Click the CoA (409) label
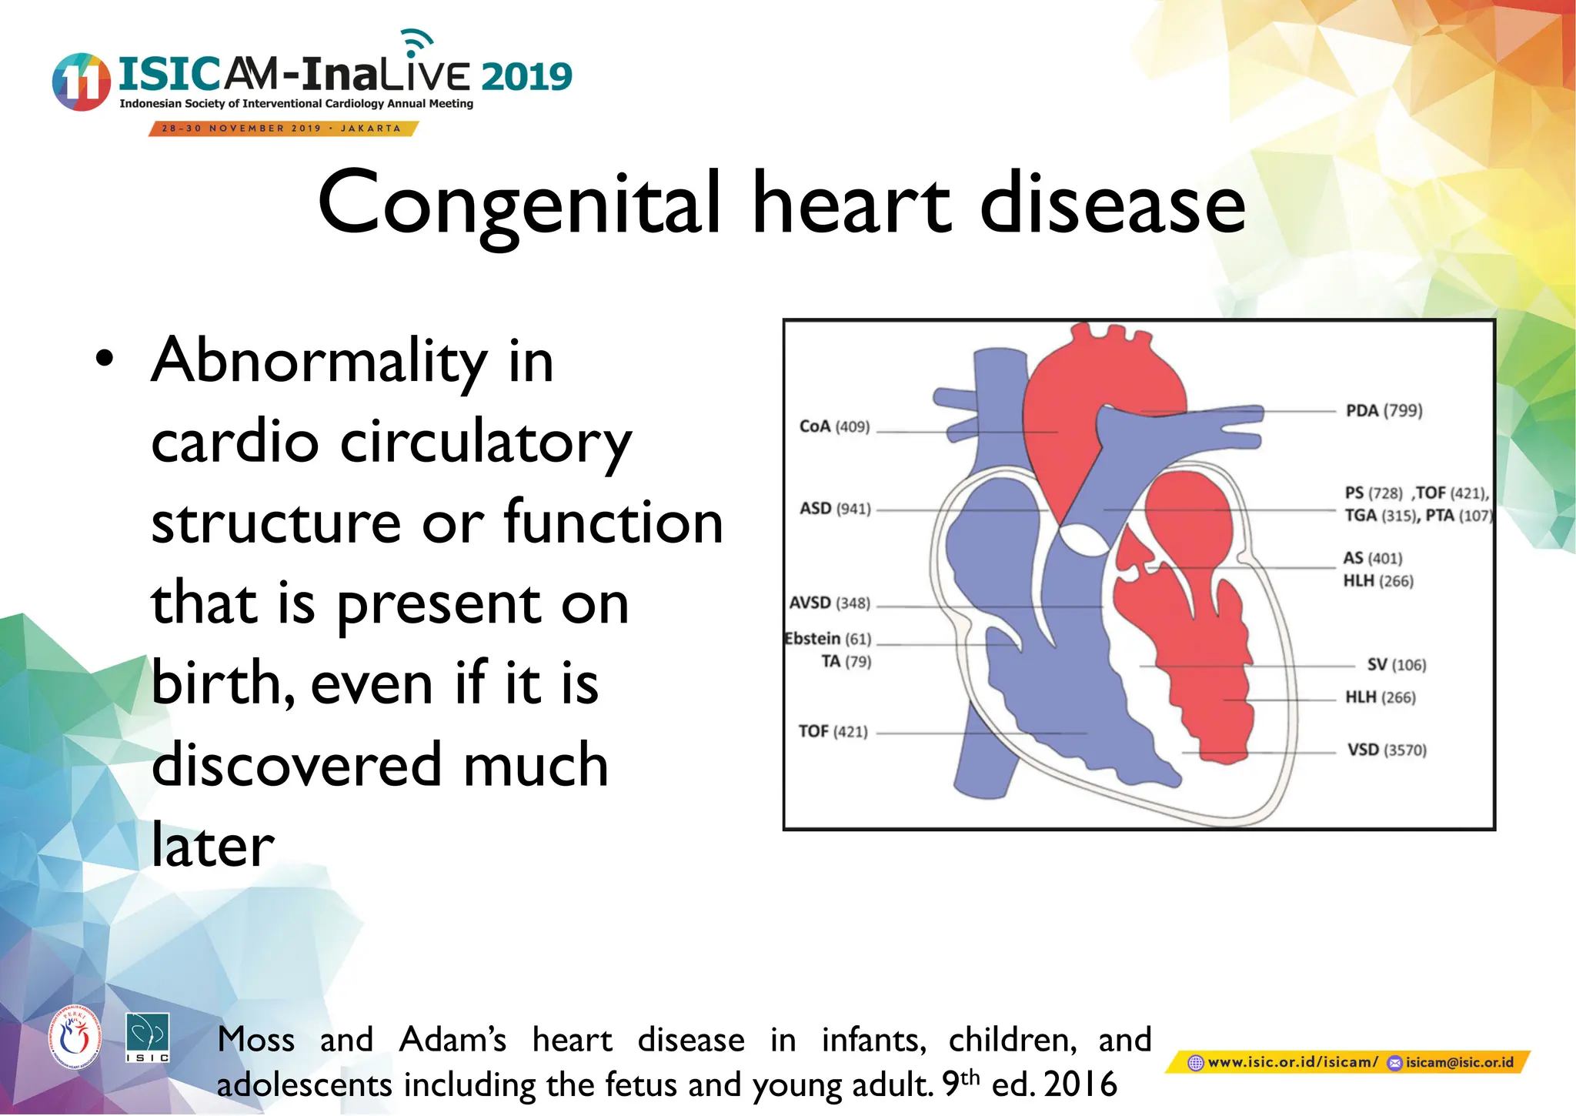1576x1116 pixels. tap(834, 426)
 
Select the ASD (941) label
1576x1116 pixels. tap(835, 509)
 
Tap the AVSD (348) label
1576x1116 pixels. tap(830, 603)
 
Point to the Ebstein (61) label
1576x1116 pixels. tap(828, 639)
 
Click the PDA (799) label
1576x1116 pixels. tap(1384, 410)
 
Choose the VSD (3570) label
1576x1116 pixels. tap(1386, 750)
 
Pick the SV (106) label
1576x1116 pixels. tap(1396, 665)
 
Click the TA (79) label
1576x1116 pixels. tap(846, 662)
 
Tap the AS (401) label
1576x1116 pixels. tap(1372, 558)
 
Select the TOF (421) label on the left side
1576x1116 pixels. tap(833, 731)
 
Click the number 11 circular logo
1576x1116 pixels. tap(80, 82)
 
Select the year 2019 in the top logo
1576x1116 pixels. tap(527, 77)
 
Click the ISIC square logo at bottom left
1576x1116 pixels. tap(147, 1038)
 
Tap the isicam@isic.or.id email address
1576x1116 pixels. tap(1459, 1063)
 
